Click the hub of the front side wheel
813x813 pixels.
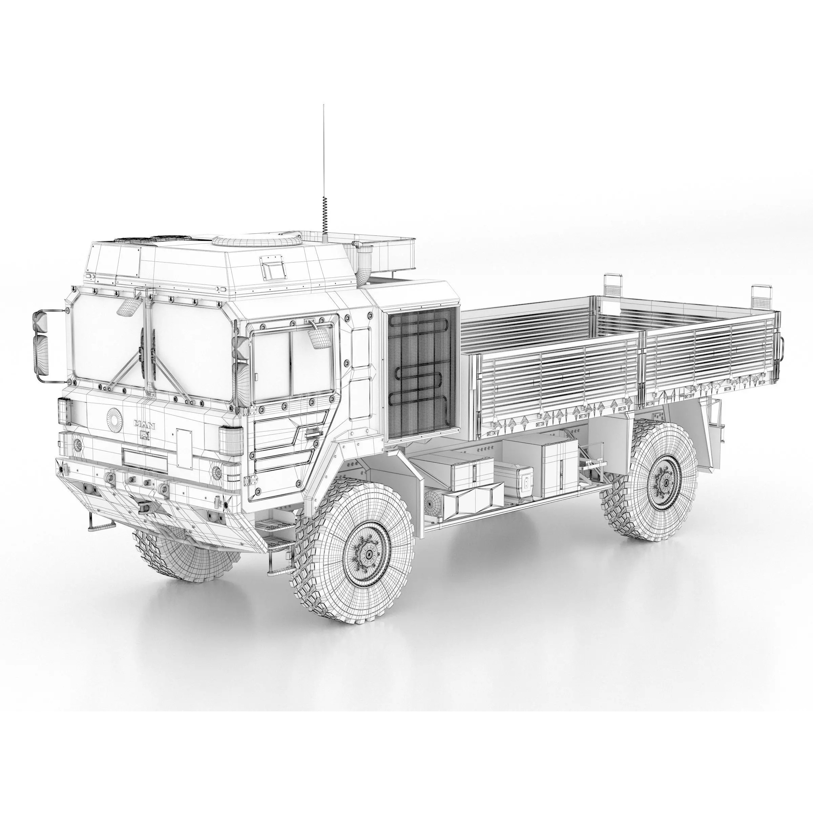tap(369, 554)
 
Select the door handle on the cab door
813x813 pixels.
tap(312, 433)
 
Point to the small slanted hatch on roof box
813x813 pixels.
tap(273, 268)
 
